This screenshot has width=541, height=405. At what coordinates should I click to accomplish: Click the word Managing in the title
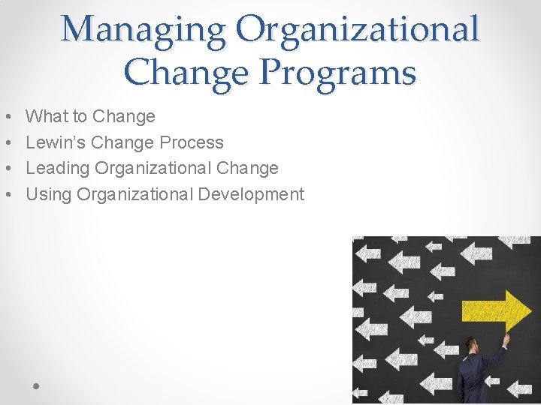click(143, 30)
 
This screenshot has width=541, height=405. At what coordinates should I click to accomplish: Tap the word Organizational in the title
click(358, 30)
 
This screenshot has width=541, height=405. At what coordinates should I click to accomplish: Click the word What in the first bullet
click(47, 116)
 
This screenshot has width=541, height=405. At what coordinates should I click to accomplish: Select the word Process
click(192, 142)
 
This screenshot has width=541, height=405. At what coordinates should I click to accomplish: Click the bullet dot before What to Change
click(7, 117)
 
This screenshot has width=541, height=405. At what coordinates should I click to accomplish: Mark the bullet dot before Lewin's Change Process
click(7, 143)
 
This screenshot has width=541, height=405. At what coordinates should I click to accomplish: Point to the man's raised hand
click(506, 339)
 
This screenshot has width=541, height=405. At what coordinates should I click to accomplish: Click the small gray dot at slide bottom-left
click(36, 385)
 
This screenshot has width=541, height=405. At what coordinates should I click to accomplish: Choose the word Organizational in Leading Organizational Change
click(153, 169)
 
